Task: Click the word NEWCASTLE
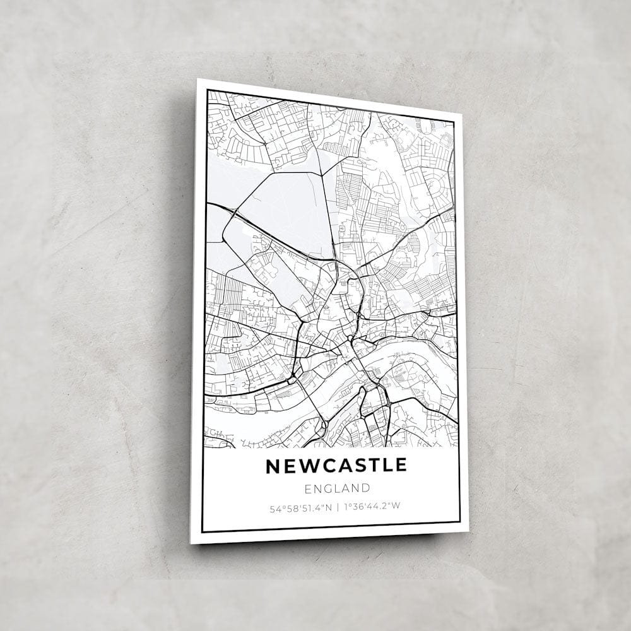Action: click(x=336, y=466)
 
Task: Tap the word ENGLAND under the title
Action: click(x=337, y=488)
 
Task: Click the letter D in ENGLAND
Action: click(x=365, y=488)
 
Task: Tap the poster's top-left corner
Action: click(x=198, y=80)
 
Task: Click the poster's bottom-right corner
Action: click(x=468, y=531)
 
